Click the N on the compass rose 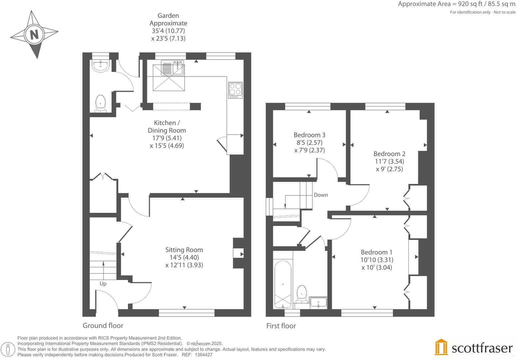34,34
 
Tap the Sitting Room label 184,250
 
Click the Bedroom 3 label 309,135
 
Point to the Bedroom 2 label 389,154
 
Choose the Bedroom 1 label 376,252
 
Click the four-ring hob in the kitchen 235,90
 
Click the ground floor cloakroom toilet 100,103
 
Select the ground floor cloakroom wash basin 100,66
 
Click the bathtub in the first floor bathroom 282,284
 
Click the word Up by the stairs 103,284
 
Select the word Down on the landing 320,195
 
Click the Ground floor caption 103,326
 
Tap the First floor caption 281,326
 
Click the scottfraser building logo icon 441,347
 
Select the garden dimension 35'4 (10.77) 168,31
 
